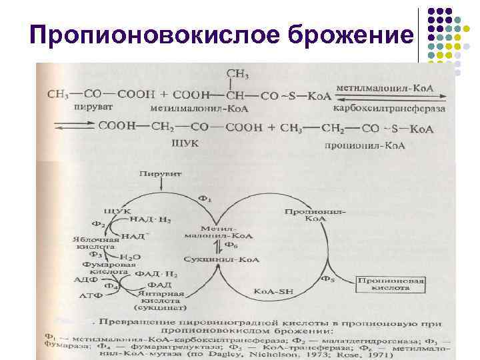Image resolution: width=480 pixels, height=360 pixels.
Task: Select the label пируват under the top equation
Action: [76, 107]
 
